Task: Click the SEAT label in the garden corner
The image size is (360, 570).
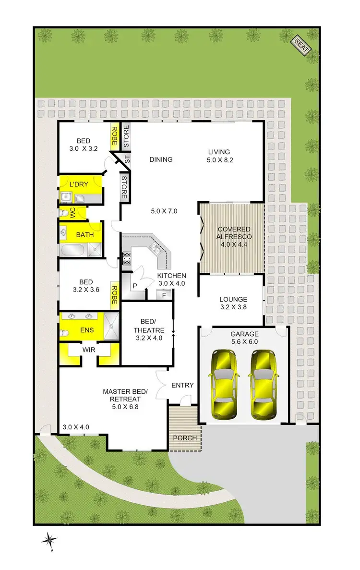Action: pyautogui.click(x=301, y=46)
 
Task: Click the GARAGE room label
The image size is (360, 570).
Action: pyautogui.click(x=244, y=334)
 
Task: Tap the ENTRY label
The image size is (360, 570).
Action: pyautogui.click(x=182, y=385)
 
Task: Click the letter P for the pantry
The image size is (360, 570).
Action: pyautogui.click(x=135, y=286)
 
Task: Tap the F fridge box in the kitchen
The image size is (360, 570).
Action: pyautogui.click(x=165, y=295)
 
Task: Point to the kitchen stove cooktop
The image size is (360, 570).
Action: pyautogui.click(x=128, y=259)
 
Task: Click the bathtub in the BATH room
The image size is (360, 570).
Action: pyautogui.click(x=73, y=250)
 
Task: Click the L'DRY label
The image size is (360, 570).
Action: pyautogui.click(x=77, y=185)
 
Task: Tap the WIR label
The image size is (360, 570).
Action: pyautogui.click(x=89, y=350)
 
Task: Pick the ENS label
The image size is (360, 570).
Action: pyautogui.click(x=87, y=330)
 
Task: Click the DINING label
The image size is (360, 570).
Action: pyautogui.click(x=160, y=159)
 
